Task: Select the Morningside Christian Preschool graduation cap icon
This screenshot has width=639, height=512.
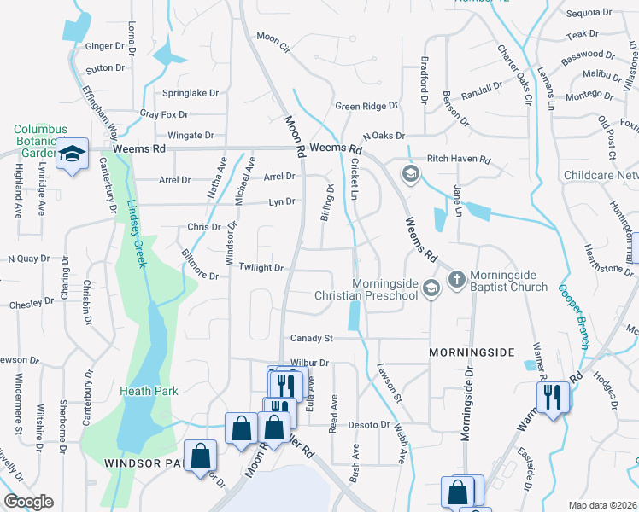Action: [x=431, y=287]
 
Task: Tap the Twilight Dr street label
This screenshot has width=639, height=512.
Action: [x=261, y=268]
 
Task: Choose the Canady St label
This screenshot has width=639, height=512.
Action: [x=311, y=339]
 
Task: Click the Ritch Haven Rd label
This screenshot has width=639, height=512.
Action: [x=459, y=160]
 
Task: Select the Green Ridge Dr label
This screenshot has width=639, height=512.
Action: [x=366, y=107]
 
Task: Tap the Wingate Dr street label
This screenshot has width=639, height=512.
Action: [x=191, y=136]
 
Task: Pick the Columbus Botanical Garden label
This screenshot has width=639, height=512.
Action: [x=40, y=141]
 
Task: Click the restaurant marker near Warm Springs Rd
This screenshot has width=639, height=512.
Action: [x=552, y=396]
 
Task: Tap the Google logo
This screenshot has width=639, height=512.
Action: [x=28, y=502]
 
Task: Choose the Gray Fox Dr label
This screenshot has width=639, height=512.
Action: [x=163, y=114]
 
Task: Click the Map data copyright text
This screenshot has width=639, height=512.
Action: [x=601, y=505]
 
